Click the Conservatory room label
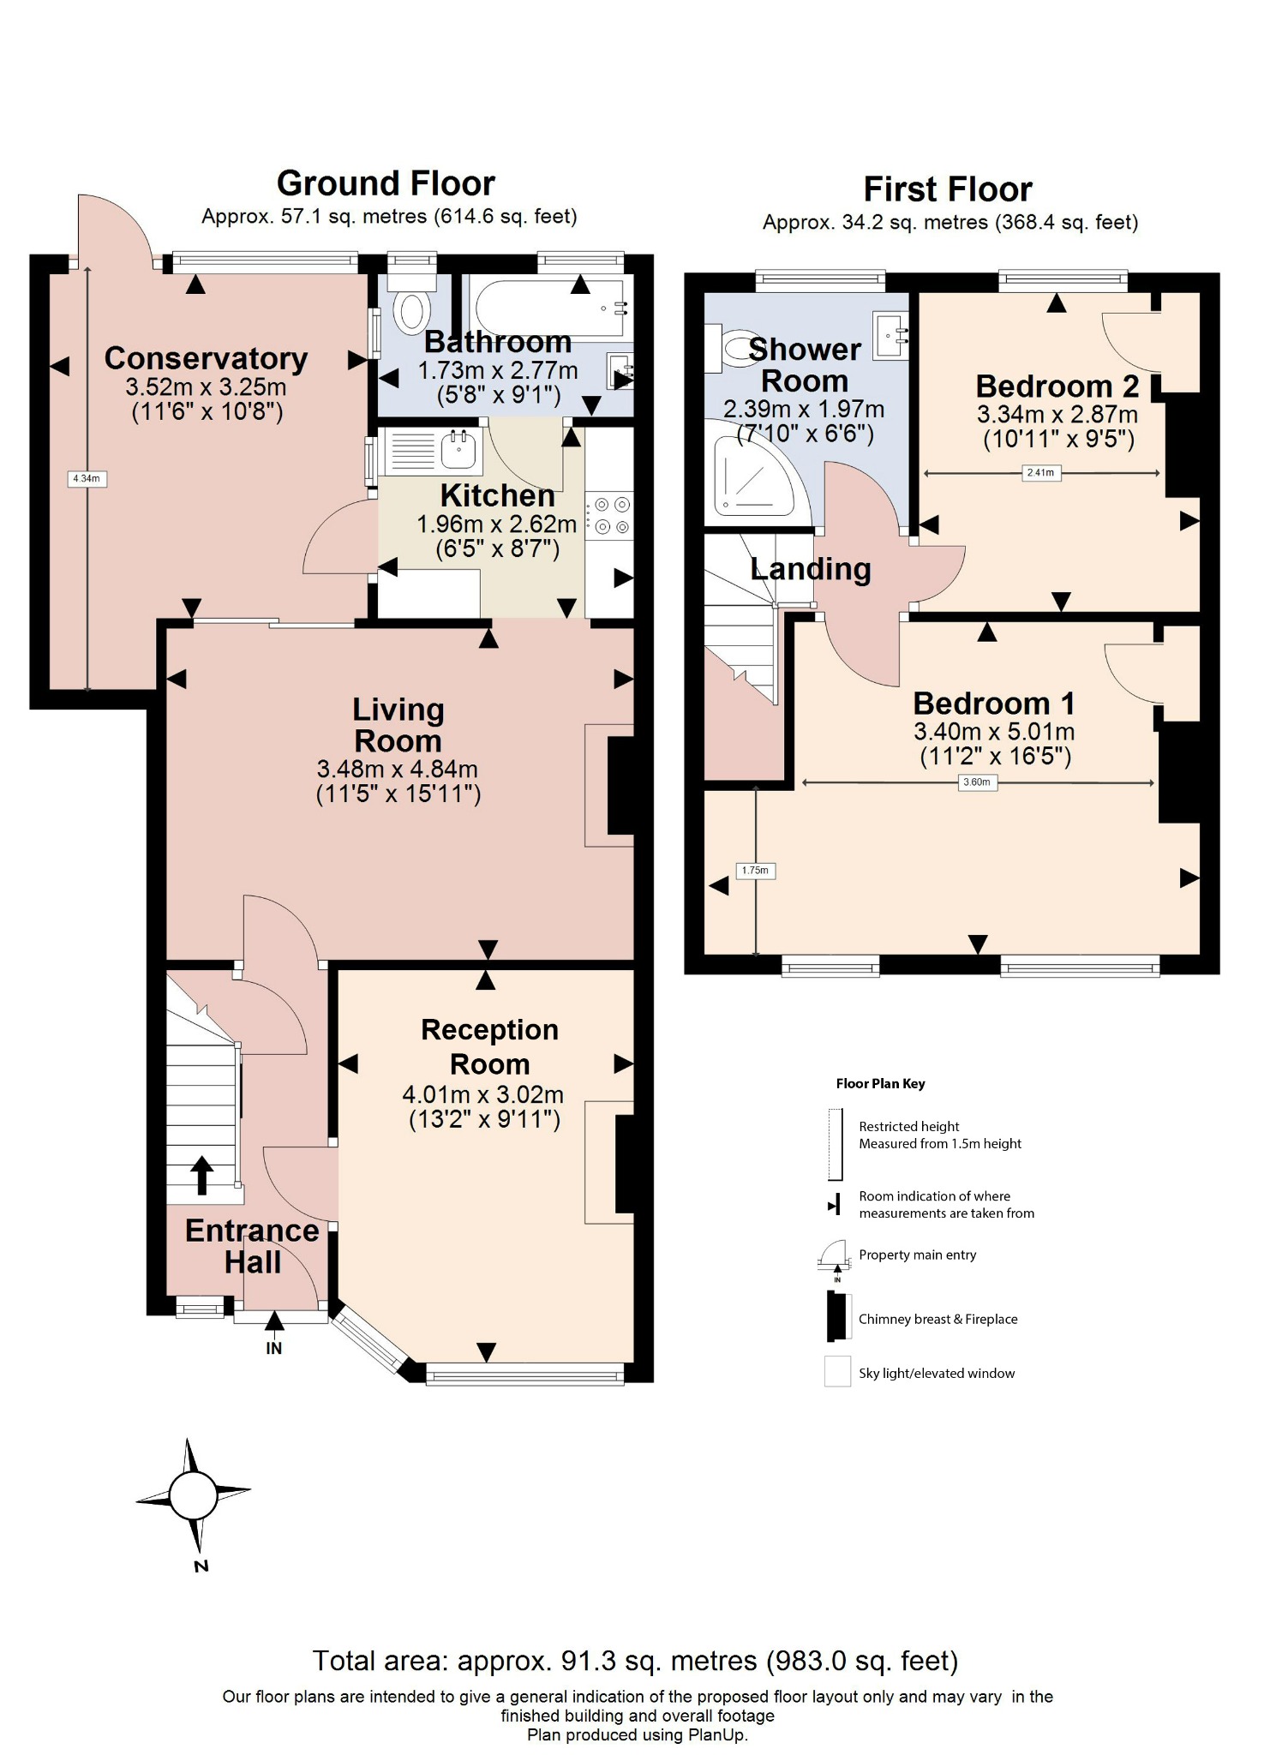[206, 358]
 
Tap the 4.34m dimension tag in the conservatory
[87, 479]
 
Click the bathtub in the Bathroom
[548, 307]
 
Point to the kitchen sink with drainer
[433, 451]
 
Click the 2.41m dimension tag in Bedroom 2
[1040, 472]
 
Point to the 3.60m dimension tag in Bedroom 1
[977, 782]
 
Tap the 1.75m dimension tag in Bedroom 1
[755, 871]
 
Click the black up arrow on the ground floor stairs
[201, 1175]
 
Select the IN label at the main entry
[273, 1348]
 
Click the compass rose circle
[193, 1495]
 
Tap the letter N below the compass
[201, 1566]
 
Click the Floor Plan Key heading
[880, 1084]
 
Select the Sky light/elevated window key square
[837, 1371]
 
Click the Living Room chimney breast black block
[620, 785]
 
